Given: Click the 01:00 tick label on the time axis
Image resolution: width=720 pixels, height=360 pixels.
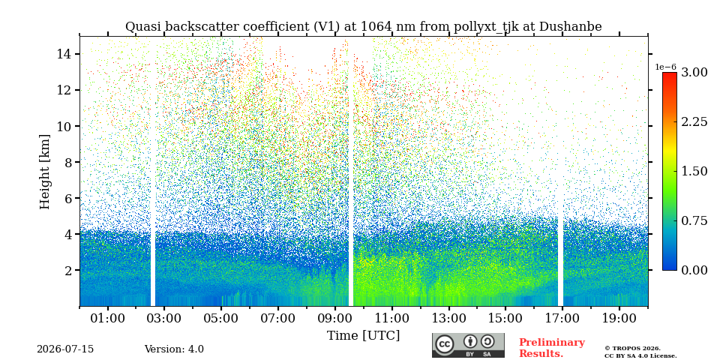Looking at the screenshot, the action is [108, 318].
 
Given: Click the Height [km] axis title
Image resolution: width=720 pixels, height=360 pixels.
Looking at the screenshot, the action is [44, 172].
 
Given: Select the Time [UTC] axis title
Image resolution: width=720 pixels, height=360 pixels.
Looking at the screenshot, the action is [363, 336].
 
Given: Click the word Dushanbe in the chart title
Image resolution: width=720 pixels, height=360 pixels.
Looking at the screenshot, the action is [570, 27].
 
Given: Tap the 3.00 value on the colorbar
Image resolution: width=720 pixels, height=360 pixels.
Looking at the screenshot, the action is [694, 73].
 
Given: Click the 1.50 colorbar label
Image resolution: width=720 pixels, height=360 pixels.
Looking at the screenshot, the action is [694, 171].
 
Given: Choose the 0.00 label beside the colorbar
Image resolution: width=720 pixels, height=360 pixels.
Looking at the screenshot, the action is [694, 271].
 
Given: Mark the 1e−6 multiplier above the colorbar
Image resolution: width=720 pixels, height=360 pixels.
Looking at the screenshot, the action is [665, 67].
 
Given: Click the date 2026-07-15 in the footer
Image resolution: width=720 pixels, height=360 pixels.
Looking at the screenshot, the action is [65, 349].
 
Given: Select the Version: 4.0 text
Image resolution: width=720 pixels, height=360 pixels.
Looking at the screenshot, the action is [174, 349].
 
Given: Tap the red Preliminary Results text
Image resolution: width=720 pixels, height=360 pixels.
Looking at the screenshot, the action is [552, 348].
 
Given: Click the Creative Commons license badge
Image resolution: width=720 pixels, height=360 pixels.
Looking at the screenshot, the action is [468, 345].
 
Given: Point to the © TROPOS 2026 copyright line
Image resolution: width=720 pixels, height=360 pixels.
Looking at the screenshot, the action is [632, 349].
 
